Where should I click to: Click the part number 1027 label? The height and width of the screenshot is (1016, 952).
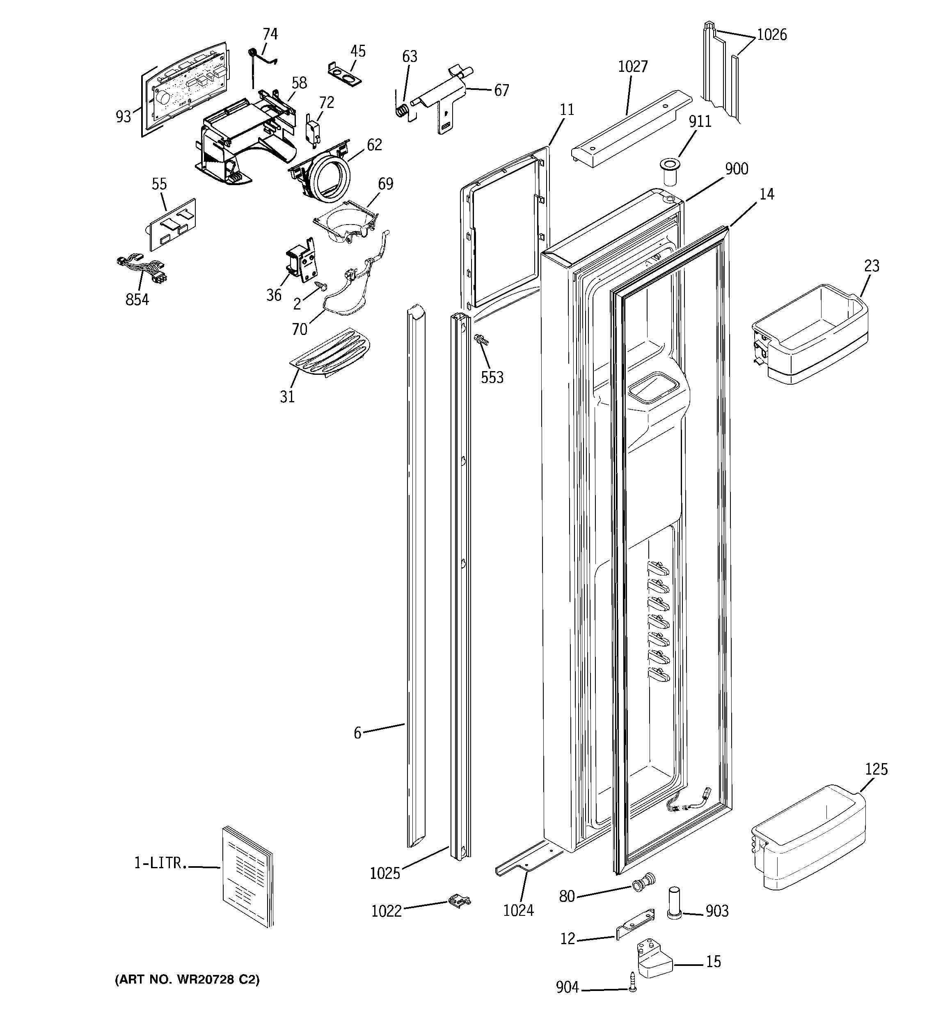[x=633, y=67]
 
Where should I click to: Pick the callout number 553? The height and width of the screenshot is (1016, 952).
[x=492, y=378]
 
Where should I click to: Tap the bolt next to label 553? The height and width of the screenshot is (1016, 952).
[x=481, y=339]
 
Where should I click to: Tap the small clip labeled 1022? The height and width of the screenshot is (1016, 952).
[x=459, y=901]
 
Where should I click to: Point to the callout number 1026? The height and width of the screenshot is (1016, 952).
[x=771, y=35]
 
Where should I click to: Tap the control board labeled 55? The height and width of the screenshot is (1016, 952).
[x=172, y=225]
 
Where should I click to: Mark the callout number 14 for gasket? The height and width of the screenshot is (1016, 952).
[x=767, y=194]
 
